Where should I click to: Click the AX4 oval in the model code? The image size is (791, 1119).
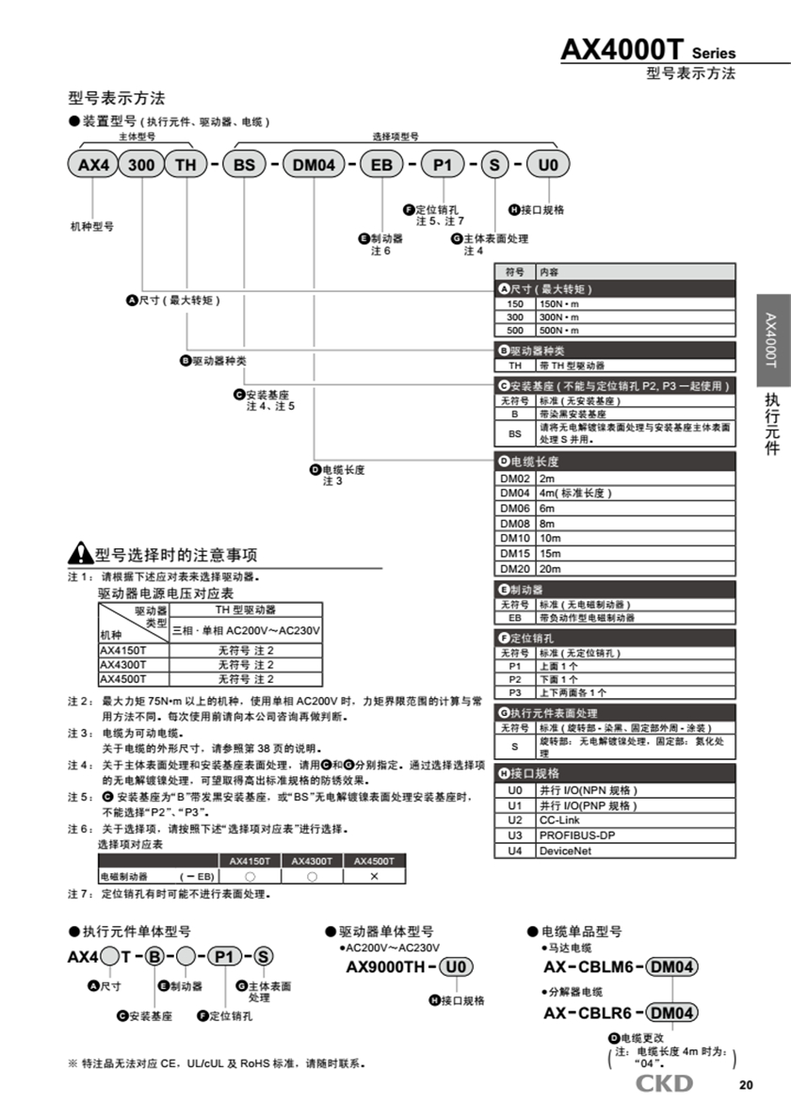93,165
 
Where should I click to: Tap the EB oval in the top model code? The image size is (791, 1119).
381,165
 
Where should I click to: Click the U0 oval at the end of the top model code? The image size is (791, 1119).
548,165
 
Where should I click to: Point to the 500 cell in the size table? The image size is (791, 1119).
515,331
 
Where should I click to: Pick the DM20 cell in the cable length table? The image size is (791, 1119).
515,568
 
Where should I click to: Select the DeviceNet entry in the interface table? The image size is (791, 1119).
565,850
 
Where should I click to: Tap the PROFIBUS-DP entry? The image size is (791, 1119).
576,835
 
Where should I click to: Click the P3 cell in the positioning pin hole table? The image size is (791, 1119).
515,692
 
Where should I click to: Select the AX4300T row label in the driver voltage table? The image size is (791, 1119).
122,664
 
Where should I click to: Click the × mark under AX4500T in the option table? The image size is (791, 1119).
374,876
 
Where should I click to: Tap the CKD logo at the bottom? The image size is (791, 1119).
664,1083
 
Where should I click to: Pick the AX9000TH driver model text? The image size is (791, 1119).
385,967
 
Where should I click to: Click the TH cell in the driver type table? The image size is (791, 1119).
515,365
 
